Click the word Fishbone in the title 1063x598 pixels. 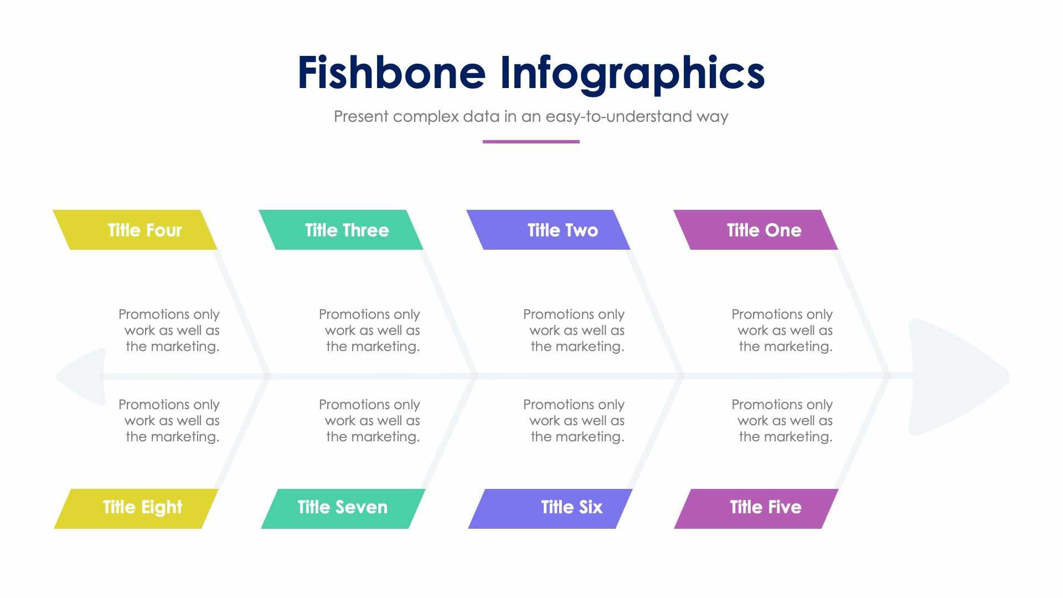[x=391, y=73]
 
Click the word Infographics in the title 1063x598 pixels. [x=632, y=73]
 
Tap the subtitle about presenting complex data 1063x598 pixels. [x=530, y=117]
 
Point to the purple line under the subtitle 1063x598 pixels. [x=530, y=142]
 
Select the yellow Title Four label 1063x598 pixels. [x=136, y=230]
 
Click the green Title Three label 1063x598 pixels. [x=341, y=230]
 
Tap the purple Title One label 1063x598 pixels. [x=756, y=230]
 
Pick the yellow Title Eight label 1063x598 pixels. [x=136, y=508]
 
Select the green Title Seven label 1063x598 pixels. [x=343, y=508]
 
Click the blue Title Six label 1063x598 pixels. [x=550, y=508]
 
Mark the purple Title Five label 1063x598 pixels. [x=756, y=508]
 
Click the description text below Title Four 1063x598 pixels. [x=169, y=330]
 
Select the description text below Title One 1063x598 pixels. [x=782, y=330]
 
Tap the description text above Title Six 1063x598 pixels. [x=574, y=420]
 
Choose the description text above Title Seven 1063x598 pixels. [x=370, y=420]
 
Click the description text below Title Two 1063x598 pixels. [x=574, y=330]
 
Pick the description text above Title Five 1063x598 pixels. [x=782, y=420]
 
